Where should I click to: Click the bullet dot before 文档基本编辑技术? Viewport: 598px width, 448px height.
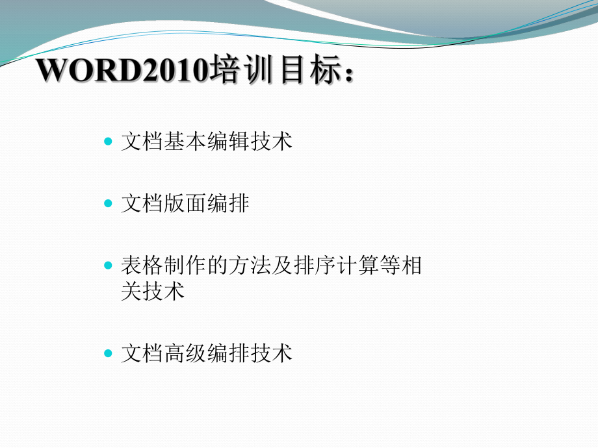(x=108, y=141)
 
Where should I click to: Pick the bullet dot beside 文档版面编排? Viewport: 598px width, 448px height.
(x=108, y=204)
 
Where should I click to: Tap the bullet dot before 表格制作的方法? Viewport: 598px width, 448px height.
(x=108, y=266)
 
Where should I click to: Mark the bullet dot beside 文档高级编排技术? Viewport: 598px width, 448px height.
(x=108, y=353)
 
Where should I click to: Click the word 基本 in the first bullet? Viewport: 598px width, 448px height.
(x=185, y=142)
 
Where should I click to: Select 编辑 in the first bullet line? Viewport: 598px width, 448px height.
(x=228, y=142)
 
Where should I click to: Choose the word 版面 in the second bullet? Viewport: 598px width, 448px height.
(x=185, y=205)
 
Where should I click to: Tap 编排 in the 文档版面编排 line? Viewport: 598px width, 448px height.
(x=228, y=205)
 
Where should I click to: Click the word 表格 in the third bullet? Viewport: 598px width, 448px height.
(x=142, y=267)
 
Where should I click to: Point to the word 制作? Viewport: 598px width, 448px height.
(x=185, y=267)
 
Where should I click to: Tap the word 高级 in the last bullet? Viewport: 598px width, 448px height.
(x=185, y=354)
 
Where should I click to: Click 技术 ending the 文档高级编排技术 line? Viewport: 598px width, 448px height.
(x=271, y=354)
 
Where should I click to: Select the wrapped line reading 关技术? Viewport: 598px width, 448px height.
(x=153, y=292)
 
